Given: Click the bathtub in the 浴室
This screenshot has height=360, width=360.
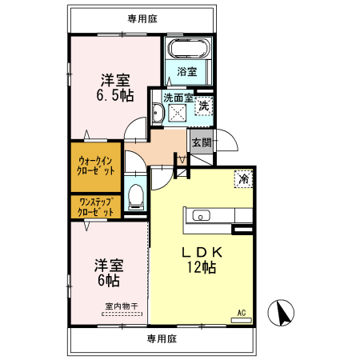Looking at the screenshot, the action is coord(189,49).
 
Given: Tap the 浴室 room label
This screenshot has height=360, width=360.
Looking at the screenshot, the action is coord(187,71).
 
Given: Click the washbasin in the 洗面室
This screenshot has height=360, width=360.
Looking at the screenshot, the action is coord(157,113).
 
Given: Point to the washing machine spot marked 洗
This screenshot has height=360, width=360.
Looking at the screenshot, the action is coord(204,106).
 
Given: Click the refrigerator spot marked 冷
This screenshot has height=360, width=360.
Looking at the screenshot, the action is coord(243,179).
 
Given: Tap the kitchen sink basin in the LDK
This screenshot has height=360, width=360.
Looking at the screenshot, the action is coord(201,215).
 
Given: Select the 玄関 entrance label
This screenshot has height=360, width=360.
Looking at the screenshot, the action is coord(202,142).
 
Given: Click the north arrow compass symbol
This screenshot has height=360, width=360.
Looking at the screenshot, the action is coord(281,313).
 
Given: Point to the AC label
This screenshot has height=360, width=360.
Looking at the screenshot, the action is coord(242,313).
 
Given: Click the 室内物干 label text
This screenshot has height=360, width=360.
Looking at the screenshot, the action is coord(122,306).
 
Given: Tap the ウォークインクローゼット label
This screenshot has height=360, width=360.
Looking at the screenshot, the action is coord(96,166).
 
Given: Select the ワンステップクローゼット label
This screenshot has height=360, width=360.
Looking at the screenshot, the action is coord(96,207).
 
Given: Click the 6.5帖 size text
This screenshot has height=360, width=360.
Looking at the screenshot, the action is coord(115,95).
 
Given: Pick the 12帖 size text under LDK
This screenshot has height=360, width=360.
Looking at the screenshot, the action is coord(202,267).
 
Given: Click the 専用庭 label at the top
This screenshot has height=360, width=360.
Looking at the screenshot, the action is coord(142,19).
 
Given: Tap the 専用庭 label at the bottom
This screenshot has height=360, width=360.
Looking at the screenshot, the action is coord(162,339).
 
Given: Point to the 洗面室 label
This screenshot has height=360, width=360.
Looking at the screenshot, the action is coord(178,98).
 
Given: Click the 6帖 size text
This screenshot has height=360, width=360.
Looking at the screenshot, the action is coord(109,280).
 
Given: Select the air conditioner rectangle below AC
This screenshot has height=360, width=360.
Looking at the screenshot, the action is coord(242,320).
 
